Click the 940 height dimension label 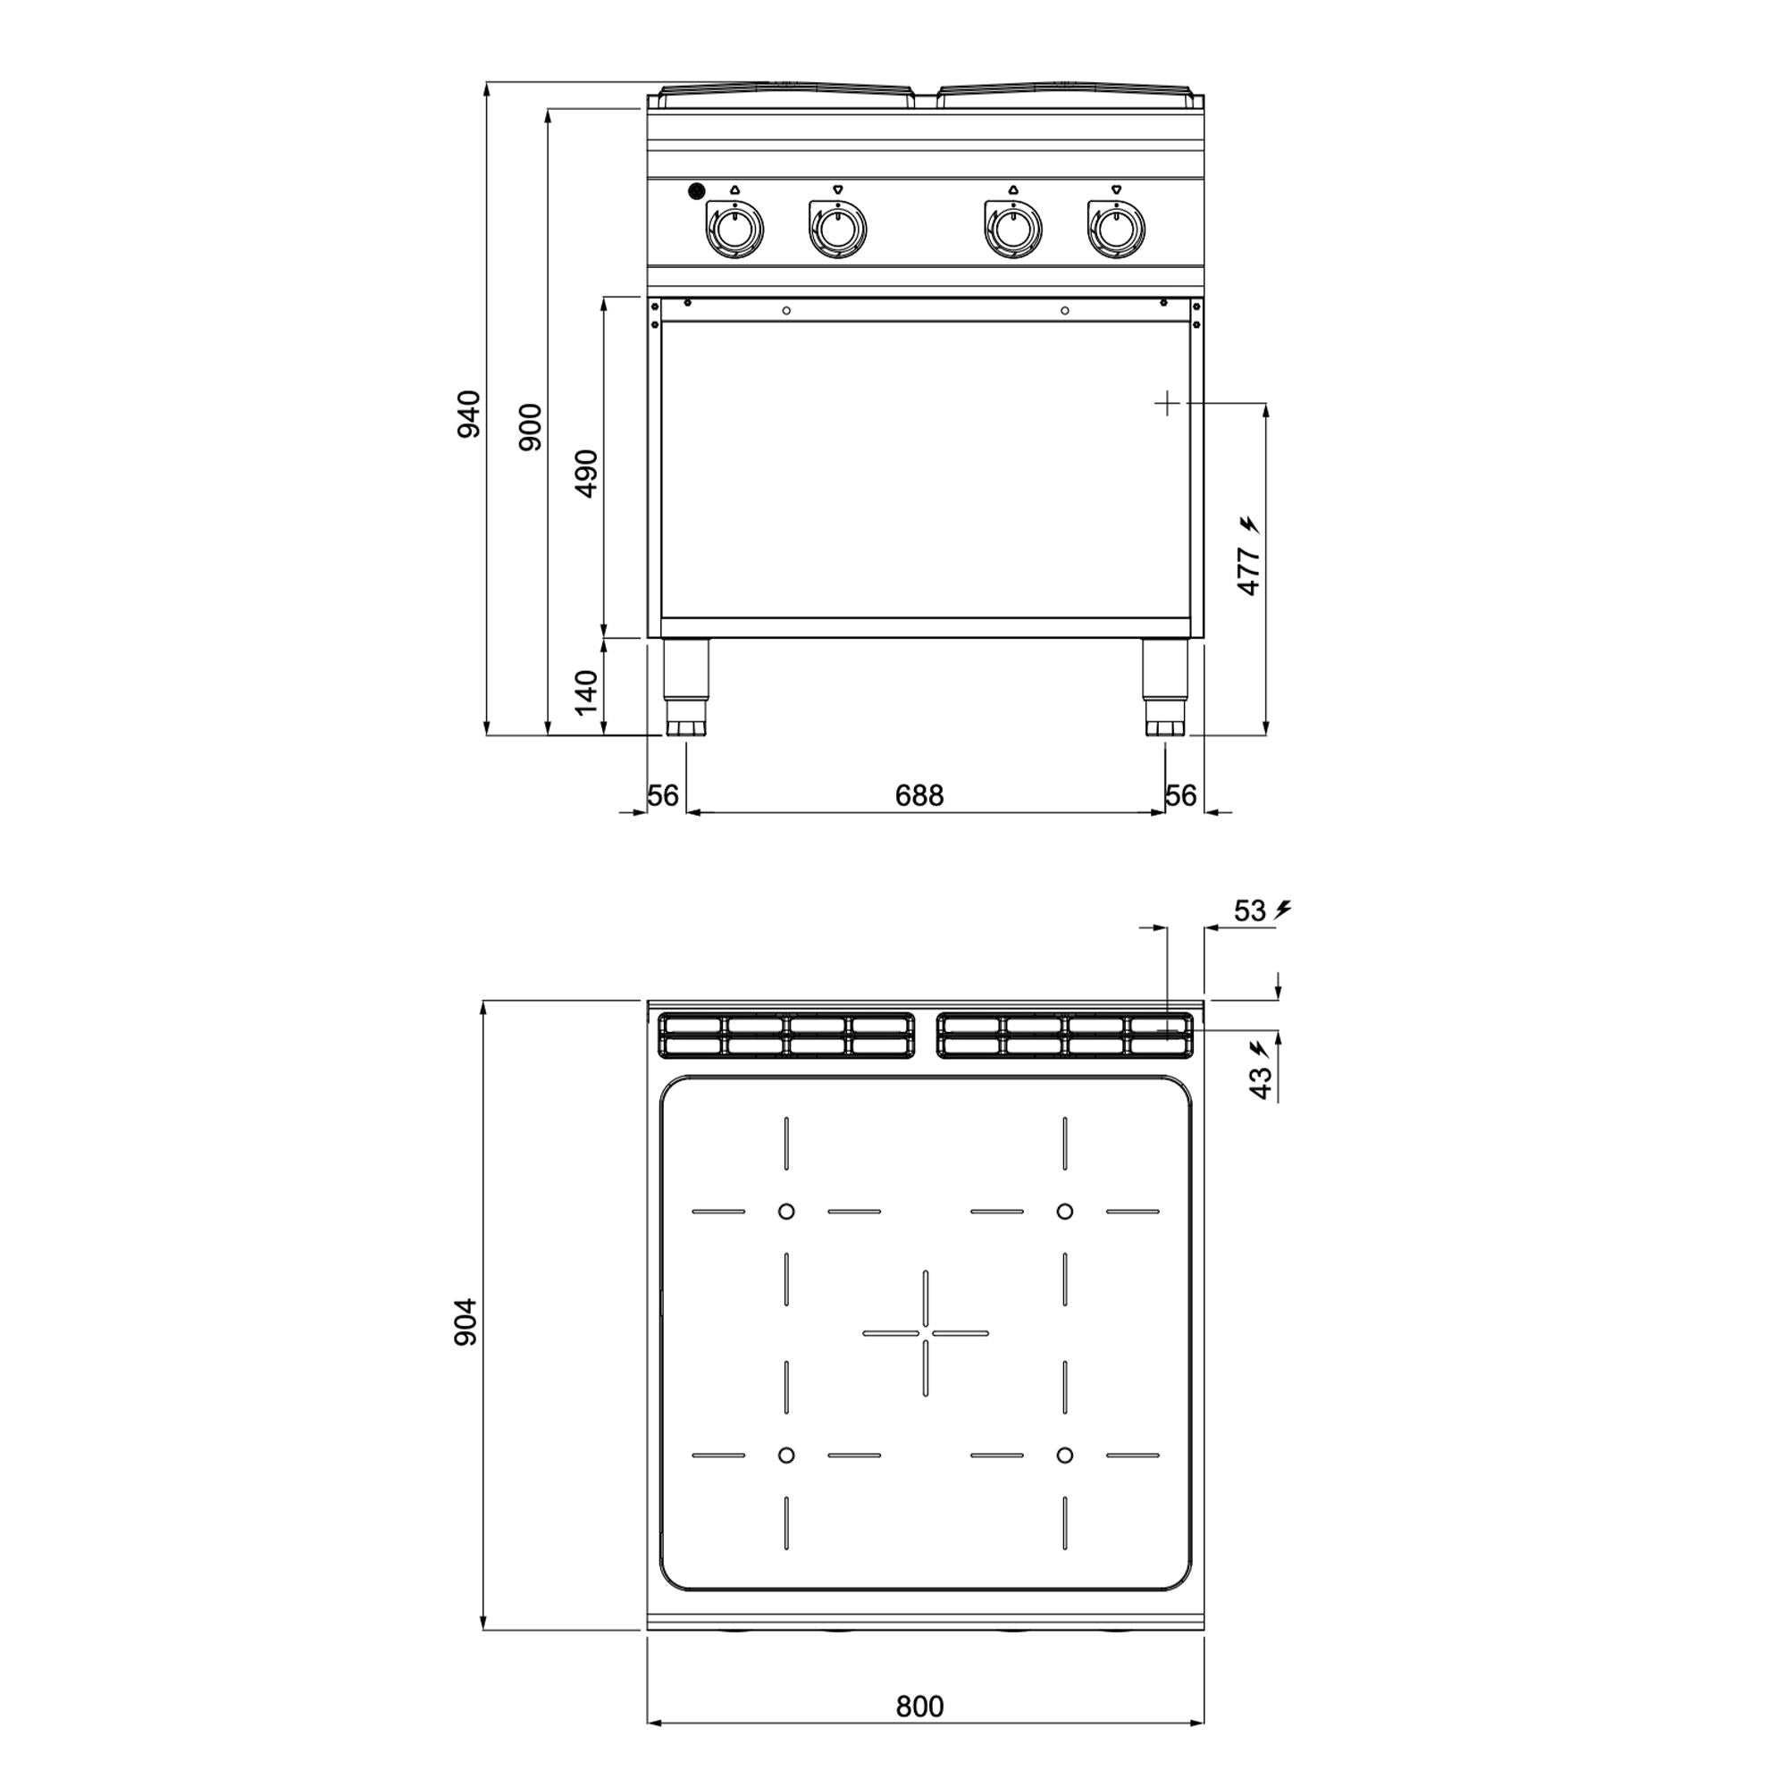click(470, 414)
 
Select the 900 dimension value click(530, 426)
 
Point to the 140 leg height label click(586, 692)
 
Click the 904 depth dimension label click(466, 1321)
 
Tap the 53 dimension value click(1249, 911)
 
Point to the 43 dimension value click(1261, 1083)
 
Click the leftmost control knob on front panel click(734, 229)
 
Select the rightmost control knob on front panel click(1115, 229)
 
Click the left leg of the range click(686, 684)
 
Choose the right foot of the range click(1165, 727)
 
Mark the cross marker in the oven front click(1167, 403)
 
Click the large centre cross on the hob click(925, 1333)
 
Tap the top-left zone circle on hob click(785, 1211)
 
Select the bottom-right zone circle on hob click(1065, 1455)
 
